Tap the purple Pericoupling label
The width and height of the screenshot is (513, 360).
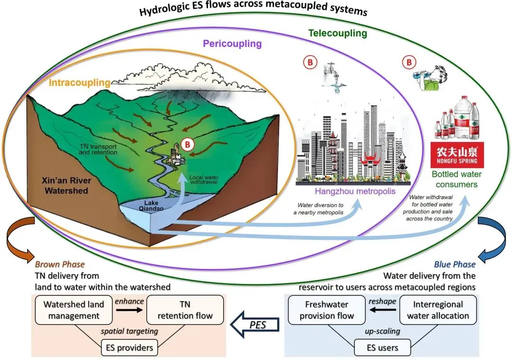[x=232, y=44]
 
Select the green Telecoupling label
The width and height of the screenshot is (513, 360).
[x=337, y=33]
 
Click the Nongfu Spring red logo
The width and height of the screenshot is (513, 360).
[x=457, y=155]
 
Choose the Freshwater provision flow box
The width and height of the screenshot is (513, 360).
[x=326, y=310]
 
